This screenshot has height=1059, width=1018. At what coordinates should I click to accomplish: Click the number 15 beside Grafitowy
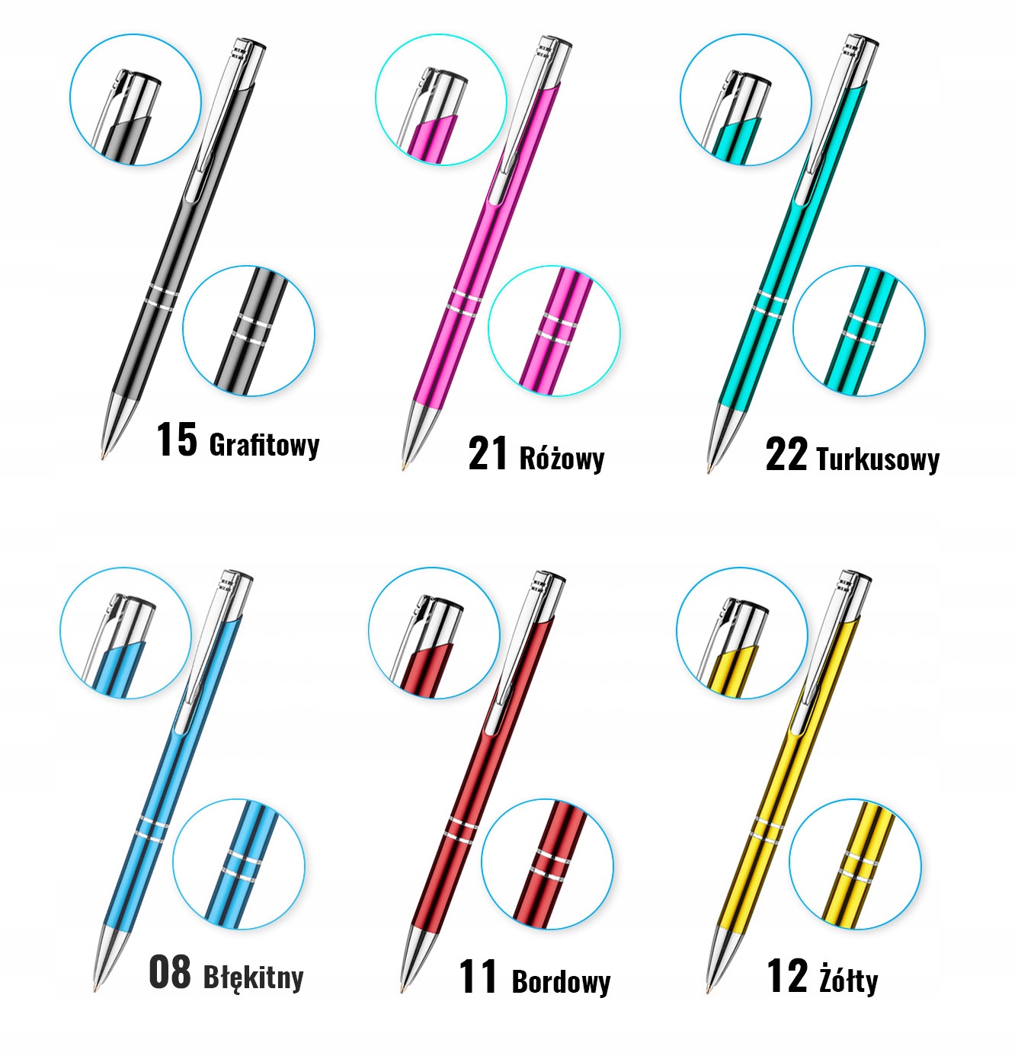[x=176, y=440]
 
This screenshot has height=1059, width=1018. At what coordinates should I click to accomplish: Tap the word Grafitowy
[x=264, y=445]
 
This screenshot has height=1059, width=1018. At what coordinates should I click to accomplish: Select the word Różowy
[x=562, y=459]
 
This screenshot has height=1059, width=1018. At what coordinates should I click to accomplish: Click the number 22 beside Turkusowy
[x=786, y=455]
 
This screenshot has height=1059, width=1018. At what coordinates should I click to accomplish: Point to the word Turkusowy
[x=877, y=459]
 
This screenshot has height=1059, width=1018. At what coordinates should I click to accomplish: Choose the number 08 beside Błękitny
[x=169, y=973]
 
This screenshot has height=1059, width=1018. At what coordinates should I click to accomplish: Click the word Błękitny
[x=253, y=977]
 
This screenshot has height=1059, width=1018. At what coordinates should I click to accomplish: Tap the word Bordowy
[x=561, y=981]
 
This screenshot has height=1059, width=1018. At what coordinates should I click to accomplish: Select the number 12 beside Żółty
[x=786, y=976]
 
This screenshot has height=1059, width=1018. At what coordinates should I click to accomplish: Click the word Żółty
[x=848, y=979]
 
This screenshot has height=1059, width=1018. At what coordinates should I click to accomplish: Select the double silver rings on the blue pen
[x=150, y=830]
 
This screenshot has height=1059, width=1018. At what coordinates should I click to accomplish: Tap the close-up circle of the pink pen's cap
[x=440, y=100]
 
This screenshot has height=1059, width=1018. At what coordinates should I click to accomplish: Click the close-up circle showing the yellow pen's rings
[x=855, y=865]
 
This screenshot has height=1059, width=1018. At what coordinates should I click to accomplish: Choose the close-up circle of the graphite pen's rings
[x=248, y=331]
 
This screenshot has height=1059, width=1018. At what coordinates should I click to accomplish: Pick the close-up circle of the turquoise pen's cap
[x=745, y=100]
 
